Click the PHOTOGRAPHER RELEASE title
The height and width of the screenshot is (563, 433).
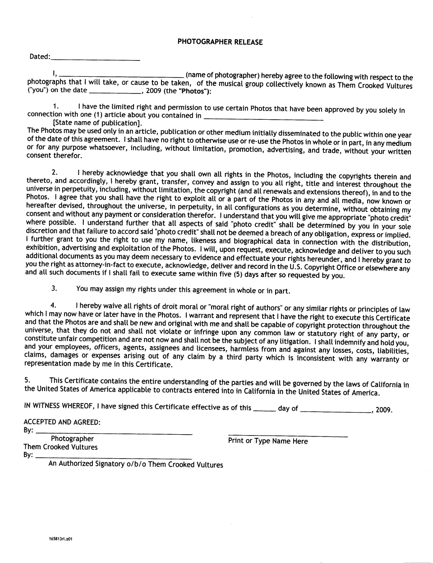click(220, 42)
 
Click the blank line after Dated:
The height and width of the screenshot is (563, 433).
click(95, 60)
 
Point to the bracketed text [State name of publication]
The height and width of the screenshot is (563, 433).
click(97, 123)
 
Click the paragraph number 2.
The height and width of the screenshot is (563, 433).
click(55, 173)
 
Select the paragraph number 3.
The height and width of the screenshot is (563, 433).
click(54, 288)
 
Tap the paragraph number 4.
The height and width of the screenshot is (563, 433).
click(54, 306)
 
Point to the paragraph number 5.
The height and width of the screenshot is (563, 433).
click(27, 381)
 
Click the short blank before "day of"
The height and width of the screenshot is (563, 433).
click(264, 410)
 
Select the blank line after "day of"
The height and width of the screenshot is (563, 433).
click(335, 411)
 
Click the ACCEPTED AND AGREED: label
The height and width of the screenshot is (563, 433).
click(62, 422)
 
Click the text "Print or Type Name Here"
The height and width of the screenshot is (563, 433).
click(268, 441)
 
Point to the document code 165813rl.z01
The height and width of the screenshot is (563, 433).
click(61, 539)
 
